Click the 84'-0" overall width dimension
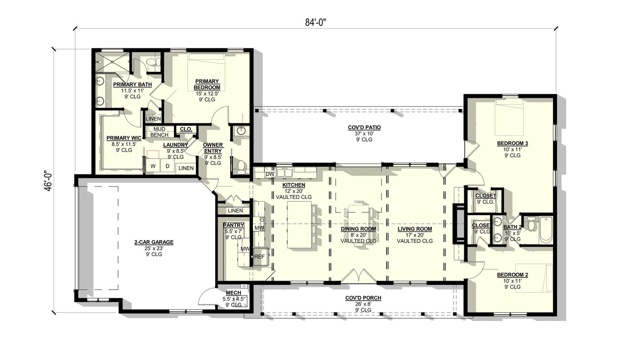coord(315,22)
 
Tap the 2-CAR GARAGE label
coord(154,242)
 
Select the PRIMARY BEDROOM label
coord(207,84)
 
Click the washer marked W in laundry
coord(153,166)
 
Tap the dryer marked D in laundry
coord(167,166)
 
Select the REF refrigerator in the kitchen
coord(259,256)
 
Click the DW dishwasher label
coord(269,175)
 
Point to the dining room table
coord(358,208)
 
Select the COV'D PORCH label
coord(363,298)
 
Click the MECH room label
coord(234,293)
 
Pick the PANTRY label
coord(234,225)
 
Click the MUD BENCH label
coord(159,131)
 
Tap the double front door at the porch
coord(357,276)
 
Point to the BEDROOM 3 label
coord(512,143)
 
